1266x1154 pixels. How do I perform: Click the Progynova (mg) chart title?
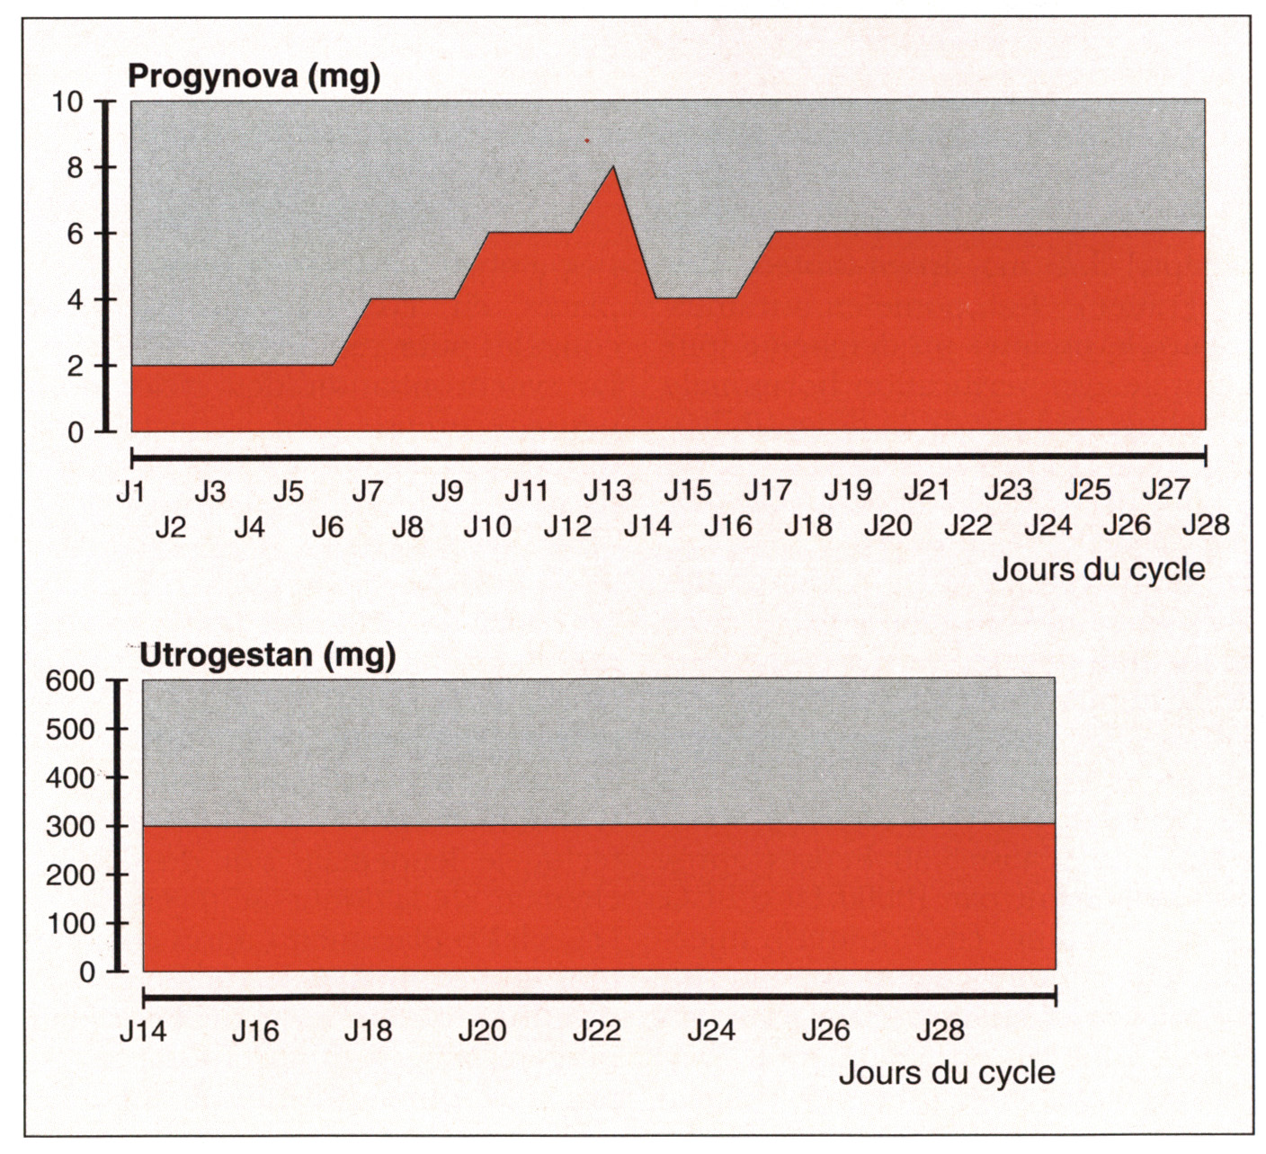[254, 76]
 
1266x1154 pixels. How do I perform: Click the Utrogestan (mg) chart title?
[268, 655]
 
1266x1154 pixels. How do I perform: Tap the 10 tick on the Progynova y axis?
[67, 102]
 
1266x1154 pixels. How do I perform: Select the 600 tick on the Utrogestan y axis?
[69, 680]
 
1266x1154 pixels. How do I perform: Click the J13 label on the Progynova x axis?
[607, 491]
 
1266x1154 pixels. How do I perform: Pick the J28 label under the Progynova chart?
[1205, 525]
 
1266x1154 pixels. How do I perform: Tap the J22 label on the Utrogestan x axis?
[597, 1030]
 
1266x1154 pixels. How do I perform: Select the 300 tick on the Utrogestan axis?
[69, 826]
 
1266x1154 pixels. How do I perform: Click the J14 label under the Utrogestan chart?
[143, 1030]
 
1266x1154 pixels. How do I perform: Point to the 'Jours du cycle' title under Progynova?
[1098, 569]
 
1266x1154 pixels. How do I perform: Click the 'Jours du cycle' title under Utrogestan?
[947, 1072]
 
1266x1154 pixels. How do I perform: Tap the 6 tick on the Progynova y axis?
[75, 234]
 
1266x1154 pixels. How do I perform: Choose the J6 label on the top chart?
[328, 526]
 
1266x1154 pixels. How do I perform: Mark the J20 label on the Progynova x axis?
[887, 526]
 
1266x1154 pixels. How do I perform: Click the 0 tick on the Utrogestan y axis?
[86, 972]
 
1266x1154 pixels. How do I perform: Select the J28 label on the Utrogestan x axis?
[940, 1030]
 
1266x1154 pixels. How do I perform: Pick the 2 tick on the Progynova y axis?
[75, 366]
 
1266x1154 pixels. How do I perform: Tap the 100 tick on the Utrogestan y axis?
[69, 923]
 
